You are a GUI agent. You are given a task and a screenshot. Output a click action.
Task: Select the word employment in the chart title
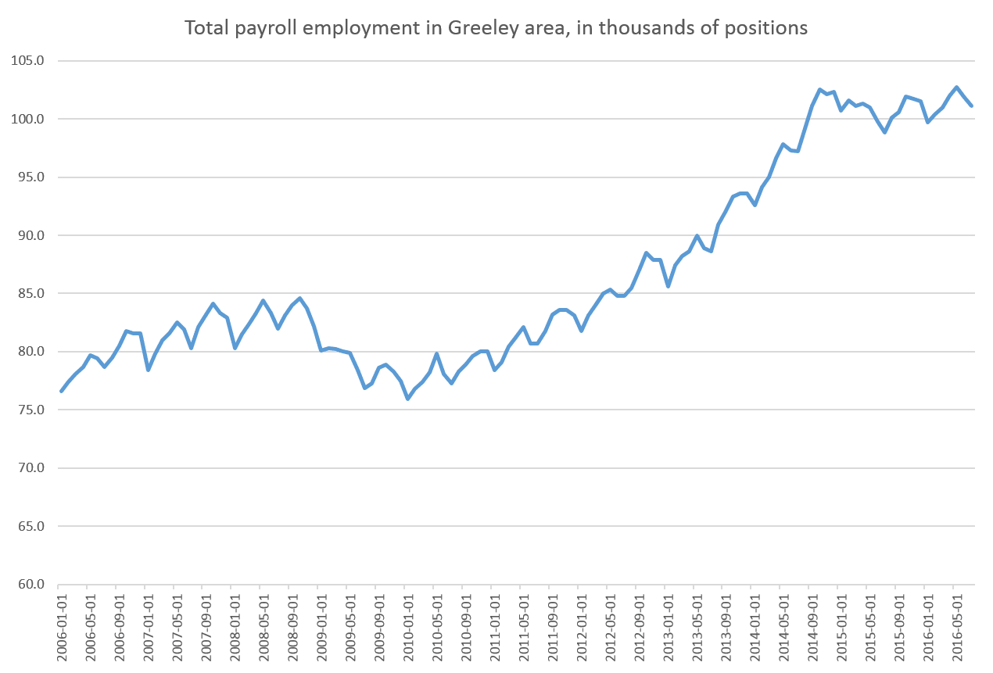pyautogui.click(x=310, y=29)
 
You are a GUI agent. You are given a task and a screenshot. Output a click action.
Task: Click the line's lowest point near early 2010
pyautogui.click(x=407, y=399)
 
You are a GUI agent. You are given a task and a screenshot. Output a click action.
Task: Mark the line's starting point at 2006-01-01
pyautogui.click(x=61, y=391)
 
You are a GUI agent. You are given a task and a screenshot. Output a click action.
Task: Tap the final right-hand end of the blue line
pyautogui.click(x=970, y=105)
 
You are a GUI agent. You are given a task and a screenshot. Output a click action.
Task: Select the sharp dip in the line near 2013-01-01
pyautogui.click(x=668, y=286)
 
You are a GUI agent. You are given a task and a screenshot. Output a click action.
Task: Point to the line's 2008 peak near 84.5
pyautogui.click(x=299, y=298)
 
